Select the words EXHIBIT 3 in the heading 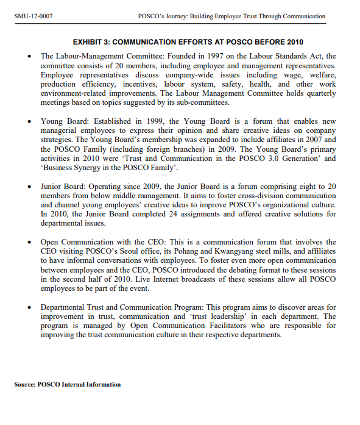93,43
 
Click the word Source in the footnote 24,385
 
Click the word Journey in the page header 177,16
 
